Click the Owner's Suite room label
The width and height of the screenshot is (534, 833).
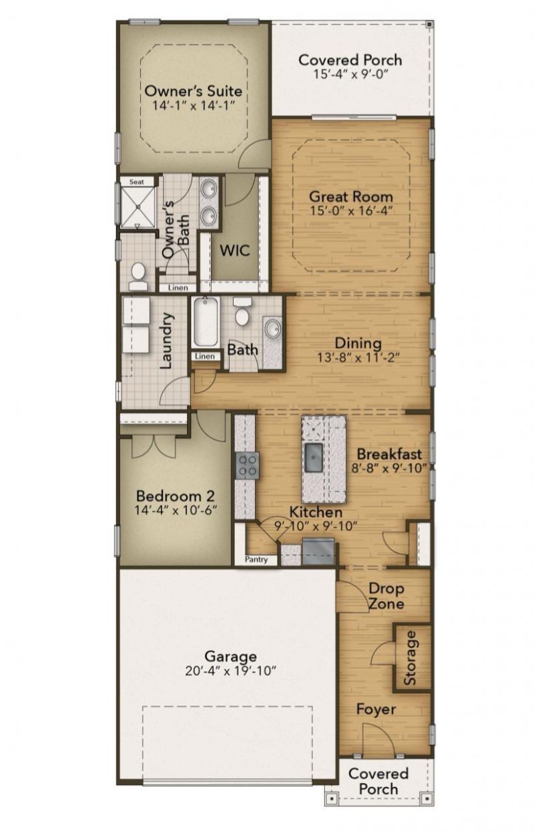pyautogui.click(x=194, y=90)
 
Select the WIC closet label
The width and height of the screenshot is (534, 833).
pyautogui.click(x=235, y=251)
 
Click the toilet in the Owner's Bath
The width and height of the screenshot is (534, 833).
pyautogui.click(x=138, y=274)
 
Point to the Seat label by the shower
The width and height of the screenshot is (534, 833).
pyautogui.click(x=137, y=181)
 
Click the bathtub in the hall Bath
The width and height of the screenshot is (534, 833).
pyautogui.click(x=205, y=322)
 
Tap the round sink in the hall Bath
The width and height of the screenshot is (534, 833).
pyautogui.click(x=272, y=329)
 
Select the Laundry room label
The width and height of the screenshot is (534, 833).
pyautogui.click(x=168, y=341)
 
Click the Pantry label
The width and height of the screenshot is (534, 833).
pyautogui.click(x=257, y=559)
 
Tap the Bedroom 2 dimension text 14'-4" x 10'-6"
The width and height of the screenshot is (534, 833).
pyautogui.click(x=176, y=510)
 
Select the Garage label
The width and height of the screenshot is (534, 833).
pyautogui.click(x=230, y=656)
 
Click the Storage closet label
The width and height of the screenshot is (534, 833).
pyautogui.click(x=410, y=658)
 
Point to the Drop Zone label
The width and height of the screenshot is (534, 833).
pyautogui.click(x=386, y=597)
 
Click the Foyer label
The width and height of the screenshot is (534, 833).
pyautogui.click(x=375, y=709)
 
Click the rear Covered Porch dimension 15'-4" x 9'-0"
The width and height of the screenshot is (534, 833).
pyautogui.click(x=350, y=73)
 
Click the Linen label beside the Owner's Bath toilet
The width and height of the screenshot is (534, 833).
pyautogui.click(x=178, y=288)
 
